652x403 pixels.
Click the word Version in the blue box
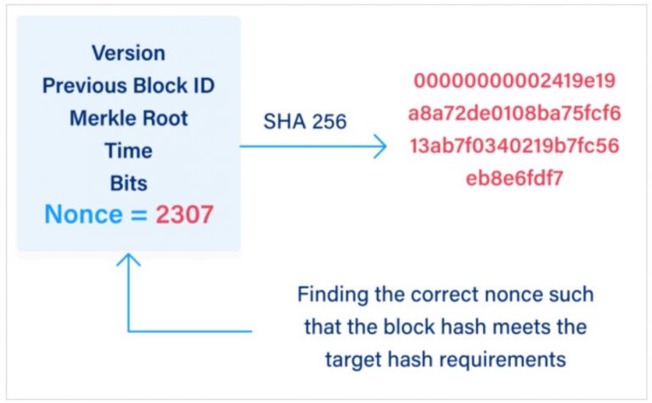coord(129,52)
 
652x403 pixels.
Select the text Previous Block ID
coord(129,85)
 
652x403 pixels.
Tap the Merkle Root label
coord(129,117)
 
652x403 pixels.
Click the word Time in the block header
coord(129,150)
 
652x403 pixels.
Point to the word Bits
coord(129,183)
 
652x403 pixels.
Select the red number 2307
coord(184,215)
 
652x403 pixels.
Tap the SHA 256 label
coord(304,122)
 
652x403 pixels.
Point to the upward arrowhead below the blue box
coord(128,260)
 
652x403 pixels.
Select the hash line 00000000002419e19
coord(514,82)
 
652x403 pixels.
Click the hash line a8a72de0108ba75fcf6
coord(514,114)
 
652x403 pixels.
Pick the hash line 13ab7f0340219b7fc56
coord(514,146)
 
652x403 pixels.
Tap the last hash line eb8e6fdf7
coord(514,179)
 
